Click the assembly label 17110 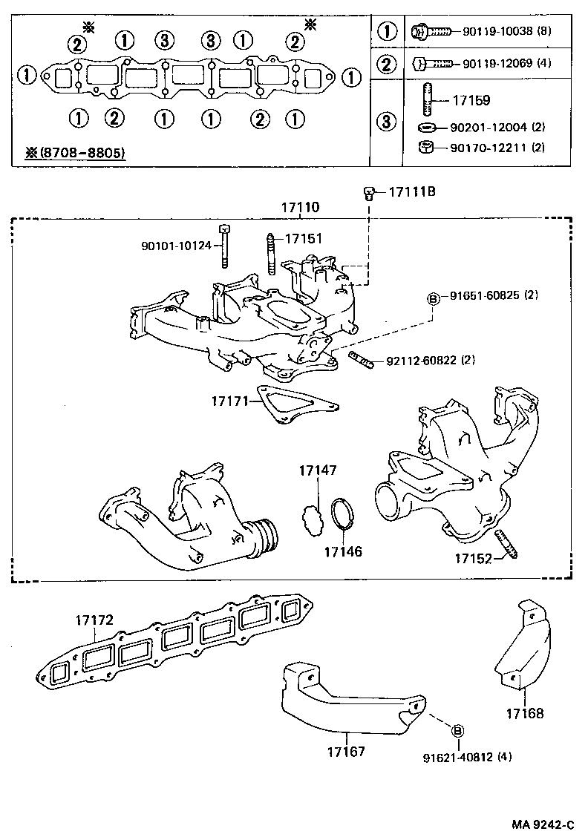[299, 209]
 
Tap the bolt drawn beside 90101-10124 [224, 246]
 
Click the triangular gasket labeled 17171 [294, 405]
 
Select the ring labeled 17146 [342, 514]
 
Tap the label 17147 [318, 470]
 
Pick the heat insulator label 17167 [345, 751]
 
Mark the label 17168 [525, 714]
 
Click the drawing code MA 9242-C [543, 824]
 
